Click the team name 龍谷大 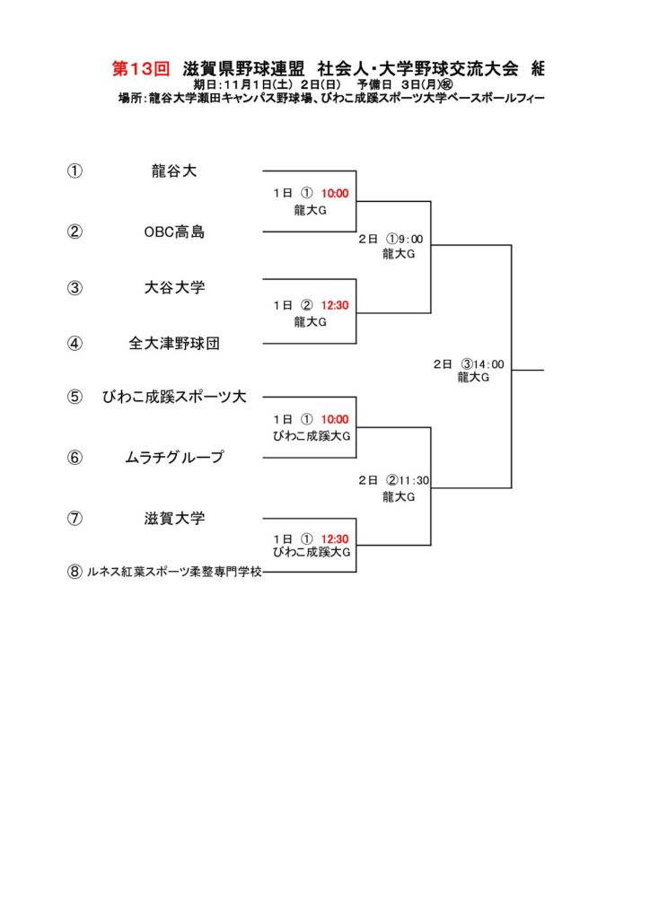(x=174, y=171)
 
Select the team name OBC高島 (x=174, y=232)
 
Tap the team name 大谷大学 (x=174, y=288)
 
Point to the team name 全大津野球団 (x=174, y=343)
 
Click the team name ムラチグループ (x=174, y=458)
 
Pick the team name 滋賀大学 (x=174, y=518)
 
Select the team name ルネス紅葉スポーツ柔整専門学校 (x=174, y=572)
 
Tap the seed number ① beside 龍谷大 (x=75, y=171)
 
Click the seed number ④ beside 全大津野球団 (x=75, y=343)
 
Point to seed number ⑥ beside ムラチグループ (x=75, y=458)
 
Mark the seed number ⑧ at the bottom (x=75, y=572)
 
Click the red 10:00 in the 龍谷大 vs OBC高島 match (x=335, y=193)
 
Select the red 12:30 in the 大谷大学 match (x=335, y=305)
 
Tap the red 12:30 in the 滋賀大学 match (x=335, y=538)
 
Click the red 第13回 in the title (x=140, y=68)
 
